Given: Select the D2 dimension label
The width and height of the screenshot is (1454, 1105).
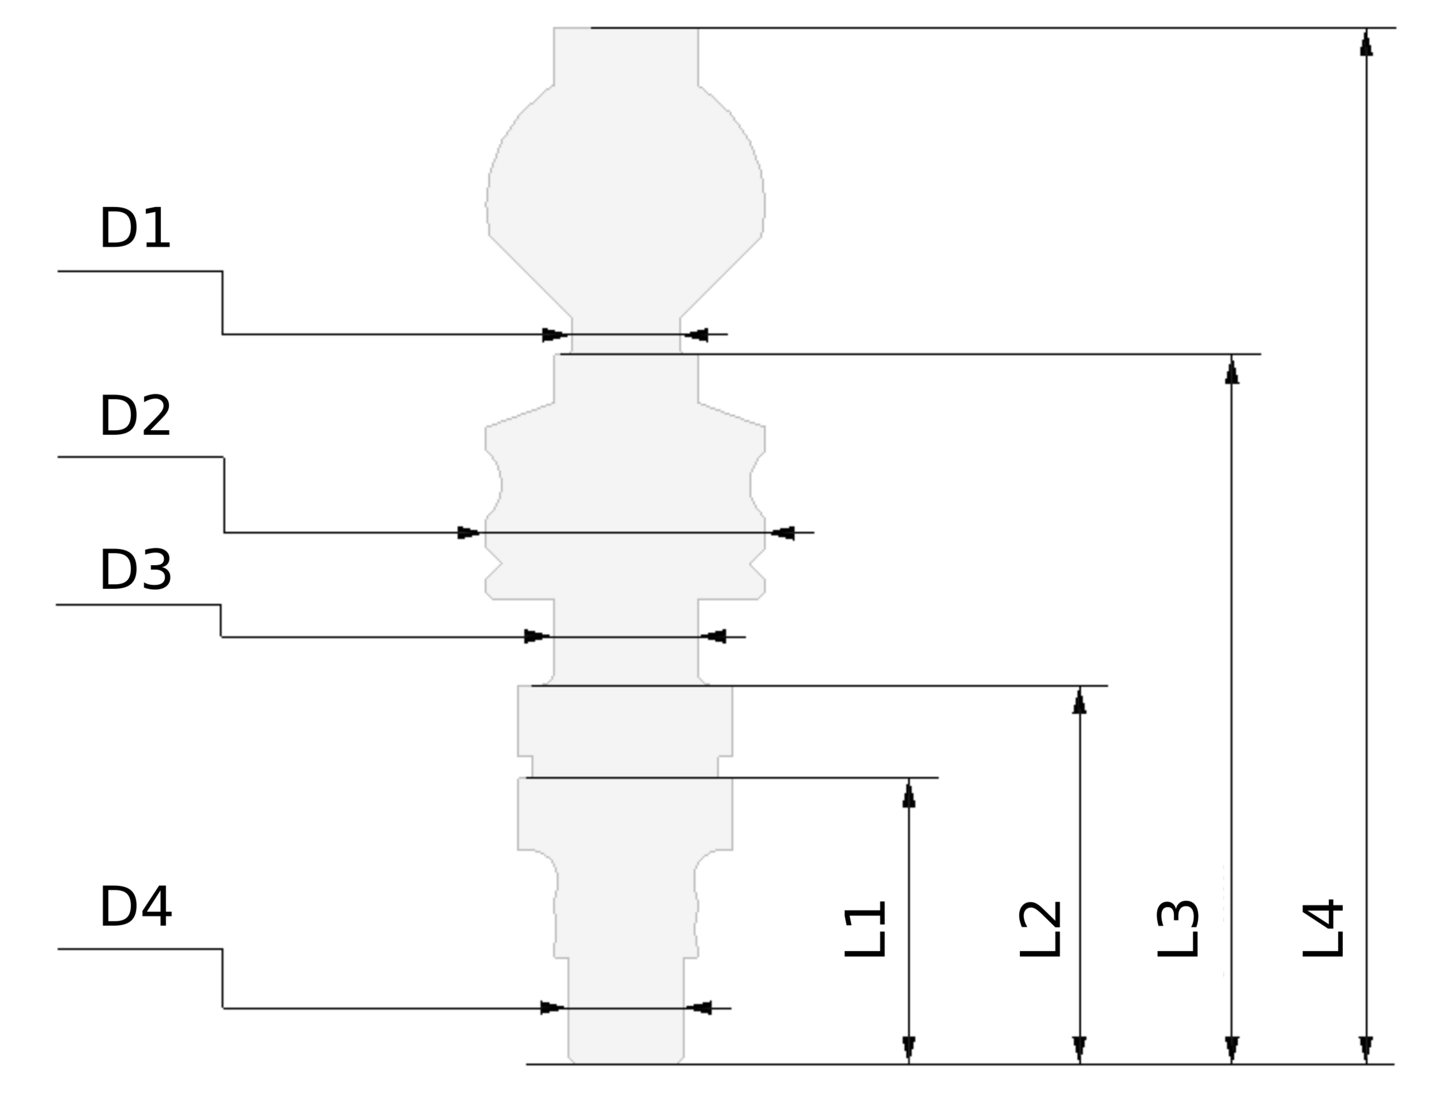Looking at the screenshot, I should point(135,416).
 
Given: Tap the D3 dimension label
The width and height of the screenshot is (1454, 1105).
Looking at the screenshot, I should point(135,570).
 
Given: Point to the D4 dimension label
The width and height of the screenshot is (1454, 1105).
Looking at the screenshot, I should point(135,907).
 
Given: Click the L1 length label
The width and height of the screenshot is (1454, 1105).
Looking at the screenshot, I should point(865,929).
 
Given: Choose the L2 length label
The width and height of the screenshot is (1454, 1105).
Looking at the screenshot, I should point(1041,929).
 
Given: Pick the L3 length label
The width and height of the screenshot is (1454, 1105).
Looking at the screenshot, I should point(1178,929).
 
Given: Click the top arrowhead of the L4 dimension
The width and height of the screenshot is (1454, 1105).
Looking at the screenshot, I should point(1367,43).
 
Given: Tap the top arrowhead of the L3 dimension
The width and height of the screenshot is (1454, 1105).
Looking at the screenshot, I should point(1232,370).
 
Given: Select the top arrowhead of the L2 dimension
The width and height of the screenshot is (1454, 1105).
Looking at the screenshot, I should point(1079,701).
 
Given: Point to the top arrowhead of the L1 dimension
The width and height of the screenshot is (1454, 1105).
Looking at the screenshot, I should point(909,794).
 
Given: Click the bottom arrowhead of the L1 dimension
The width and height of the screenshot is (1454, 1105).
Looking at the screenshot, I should point(909,1048).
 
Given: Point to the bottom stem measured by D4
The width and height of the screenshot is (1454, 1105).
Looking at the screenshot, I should point(626,1026).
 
